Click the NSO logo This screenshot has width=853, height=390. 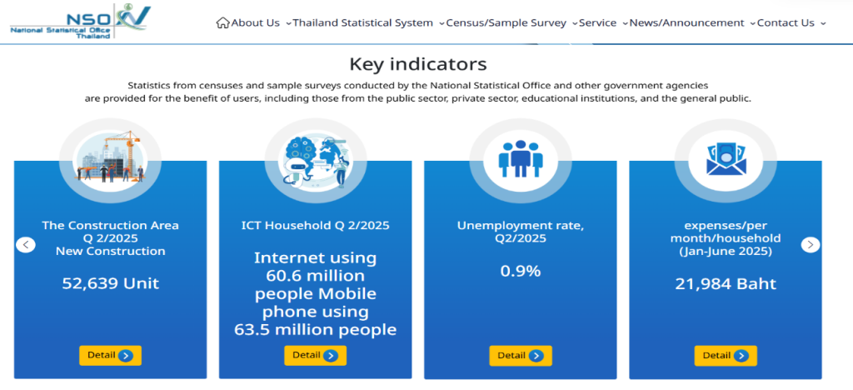pos(80,21)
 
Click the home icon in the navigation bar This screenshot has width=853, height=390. pos(222,22)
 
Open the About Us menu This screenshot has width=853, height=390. pos(255,22)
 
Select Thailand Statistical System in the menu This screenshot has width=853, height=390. pos(363,22)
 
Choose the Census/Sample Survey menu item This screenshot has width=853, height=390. pos(506,22)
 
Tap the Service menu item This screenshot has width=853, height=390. pos(597,22)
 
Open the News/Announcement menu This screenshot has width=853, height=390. pos(686,22)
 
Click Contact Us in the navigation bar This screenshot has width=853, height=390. pos(786,22)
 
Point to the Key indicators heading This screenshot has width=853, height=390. pos(418,64)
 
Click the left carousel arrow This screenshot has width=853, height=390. pos(26,245)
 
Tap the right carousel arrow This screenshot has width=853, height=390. pos(811,245)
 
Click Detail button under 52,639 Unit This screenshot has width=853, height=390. pos(111,356)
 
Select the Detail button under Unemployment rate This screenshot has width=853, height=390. pos(521,356)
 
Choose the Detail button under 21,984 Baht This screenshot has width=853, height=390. pos(726,356)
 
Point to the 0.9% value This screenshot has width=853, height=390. pos(521,271)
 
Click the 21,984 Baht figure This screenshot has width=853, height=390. pos(726,284)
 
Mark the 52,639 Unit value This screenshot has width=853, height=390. pos(111,283)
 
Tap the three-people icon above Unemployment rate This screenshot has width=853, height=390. pos(521,159)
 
